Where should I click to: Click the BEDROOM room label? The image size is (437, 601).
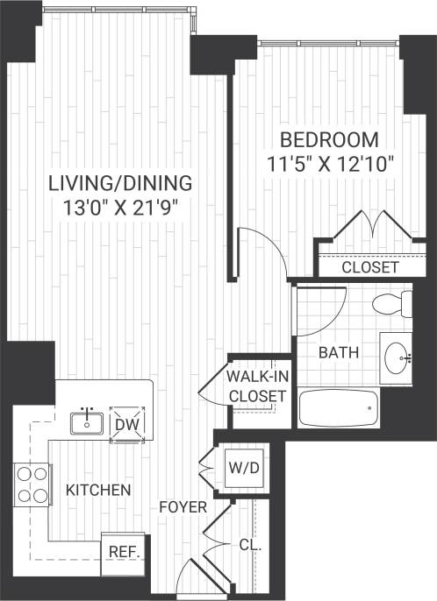click(329, 139)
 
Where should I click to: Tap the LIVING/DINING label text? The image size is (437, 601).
click(119, 183)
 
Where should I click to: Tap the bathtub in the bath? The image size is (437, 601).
click(339, 408)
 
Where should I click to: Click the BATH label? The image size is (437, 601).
click(337, 354)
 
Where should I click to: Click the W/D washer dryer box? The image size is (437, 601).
click(244, 468)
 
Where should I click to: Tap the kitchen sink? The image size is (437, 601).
click(88, 423)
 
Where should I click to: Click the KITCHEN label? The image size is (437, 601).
click(98, 490)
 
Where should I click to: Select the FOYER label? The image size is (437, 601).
click(183, 507)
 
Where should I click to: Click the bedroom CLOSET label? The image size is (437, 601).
click(369, 267)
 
